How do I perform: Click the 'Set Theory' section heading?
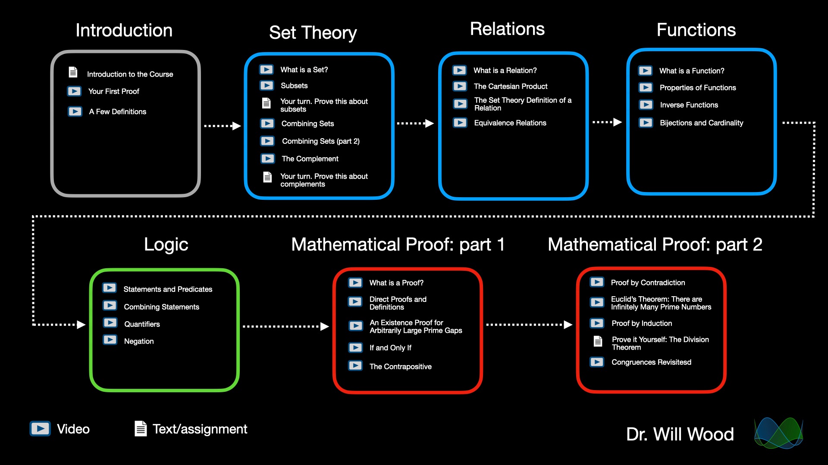pos(313,33)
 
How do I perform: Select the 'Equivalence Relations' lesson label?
pos(510,123)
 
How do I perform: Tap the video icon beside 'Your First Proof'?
pos(74,91)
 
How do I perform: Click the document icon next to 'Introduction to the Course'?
pos(73,72)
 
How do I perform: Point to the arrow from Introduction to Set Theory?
pos(222,126)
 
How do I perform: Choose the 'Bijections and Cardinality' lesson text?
pos(701,123)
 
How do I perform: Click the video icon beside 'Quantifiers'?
pos(110,323)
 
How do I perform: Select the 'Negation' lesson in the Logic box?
pos(139,341)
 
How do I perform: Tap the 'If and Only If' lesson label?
pos(390,348)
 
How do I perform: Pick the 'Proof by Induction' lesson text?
pos(642,323)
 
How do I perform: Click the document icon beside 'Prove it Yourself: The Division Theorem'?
pos(598,341)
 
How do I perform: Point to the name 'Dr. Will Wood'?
pos(680,434)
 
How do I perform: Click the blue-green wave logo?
pos(778,433)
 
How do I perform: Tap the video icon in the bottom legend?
pos(40,429)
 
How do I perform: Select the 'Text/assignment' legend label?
pos(200,429)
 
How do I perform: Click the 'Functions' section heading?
pos(696,30)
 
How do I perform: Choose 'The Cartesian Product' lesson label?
pos(511,87)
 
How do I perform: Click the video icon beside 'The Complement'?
pos(267,158)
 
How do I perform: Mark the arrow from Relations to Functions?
pos(607,122)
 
